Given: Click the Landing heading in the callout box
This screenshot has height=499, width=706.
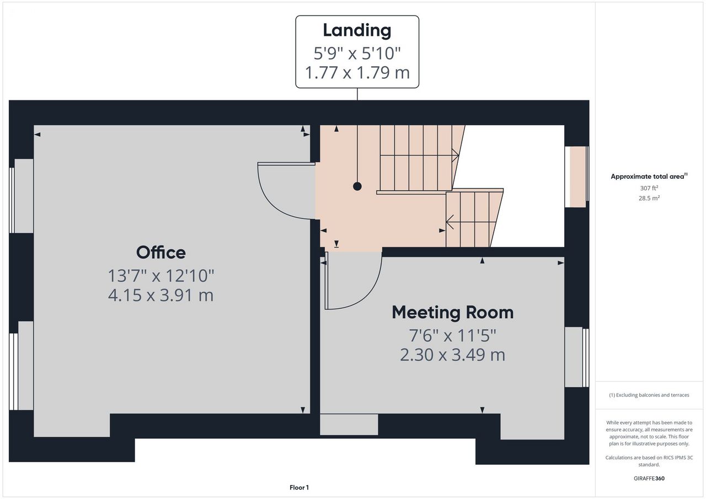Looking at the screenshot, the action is (x=357, y=30).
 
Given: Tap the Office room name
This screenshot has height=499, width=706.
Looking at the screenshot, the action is (x=161, y=253).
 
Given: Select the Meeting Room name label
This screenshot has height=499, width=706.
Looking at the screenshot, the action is (x=453, y=313).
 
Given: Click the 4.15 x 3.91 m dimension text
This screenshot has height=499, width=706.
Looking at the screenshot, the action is (x=161, y=296).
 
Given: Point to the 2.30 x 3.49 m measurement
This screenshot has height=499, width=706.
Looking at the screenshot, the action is (x=453, y=355).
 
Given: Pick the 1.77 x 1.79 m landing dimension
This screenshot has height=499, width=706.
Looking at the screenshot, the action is (x=357, y=72).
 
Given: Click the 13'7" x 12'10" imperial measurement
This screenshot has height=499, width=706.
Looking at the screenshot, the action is (x=161, y=276).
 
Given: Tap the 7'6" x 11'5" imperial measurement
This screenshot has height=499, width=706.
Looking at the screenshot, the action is (x=453, y=335).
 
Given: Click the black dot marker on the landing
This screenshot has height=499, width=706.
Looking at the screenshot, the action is (x=357, y=186).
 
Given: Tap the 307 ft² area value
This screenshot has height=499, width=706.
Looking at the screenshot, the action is (x=649, y=188).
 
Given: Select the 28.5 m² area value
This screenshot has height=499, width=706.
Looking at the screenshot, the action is (x=649, y=198).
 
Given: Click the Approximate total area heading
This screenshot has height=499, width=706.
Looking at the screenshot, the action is (x=649, y=176).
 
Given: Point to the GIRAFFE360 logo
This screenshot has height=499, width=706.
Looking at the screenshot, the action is (x=649, y=478).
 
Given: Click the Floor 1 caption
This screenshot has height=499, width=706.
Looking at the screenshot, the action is (x=299, y=487).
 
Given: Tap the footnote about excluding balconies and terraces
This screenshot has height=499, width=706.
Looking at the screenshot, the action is (x=649, y=395).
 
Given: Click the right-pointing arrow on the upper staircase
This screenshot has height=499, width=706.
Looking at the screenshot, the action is (x=455, y=155).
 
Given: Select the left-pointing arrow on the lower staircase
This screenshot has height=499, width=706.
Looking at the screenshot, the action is (x=450, y=222).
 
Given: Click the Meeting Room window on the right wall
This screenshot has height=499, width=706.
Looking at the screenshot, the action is (x=576, y=357).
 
